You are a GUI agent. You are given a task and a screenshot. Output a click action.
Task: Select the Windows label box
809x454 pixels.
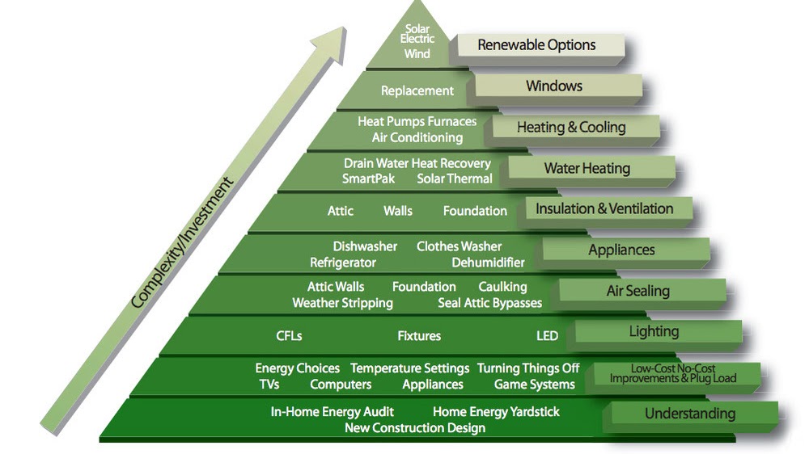(x=554, y=86)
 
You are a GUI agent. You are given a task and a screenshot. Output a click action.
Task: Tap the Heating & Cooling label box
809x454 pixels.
(x=571, y=127)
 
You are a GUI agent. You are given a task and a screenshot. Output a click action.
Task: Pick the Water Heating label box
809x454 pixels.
(x=587, y=168)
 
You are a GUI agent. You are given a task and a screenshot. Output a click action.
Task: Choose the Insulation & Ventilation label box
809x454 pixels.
(x=604, y=208)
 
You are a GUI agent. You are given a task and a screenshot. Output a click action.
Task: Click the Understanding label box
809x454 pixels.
(x=689, y=414)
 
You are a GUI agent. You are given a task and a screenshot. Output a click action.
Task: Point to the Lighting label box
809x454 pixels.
(x=654, y=331)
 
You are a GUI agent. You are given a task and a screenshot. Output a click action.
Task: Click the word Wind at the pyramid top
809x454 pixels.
(x=417, y=54)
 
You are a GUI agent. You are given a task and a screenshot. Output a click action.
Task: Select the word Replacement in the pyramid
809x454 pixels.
(x=417, y=91)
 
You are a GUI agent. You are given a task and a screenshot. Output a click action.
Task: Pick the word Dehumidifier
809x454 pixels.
(x=488, y=263)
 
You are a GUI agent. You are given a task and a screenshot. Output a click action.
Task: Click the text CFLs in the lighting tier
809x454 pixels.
(x=289, y=335)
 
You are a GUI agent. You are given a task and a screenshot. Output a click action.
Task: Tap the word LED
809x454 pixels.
(x=547, y=335)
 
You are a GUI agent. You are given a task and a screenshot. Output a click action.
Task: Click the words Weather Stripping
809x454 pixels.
(x=342, y=303)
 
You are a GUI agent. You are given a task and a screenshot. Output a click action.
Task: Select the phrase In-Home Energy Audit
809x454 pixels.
(x=332, y=411)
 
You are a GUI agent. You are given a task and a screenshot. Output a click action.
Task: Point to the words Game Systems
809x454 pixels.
(x=534, y=385)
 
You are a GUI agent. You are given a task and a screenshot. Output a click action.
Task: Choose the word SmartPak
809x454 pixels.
(x=368, y=179)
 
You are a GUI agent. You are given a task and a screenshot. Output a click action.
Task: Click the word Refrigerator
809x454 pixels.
(x=342, y=263)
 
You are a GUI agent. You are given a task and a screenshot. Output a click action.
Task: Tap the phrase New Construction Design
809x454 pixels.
(x=415, y=427)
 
